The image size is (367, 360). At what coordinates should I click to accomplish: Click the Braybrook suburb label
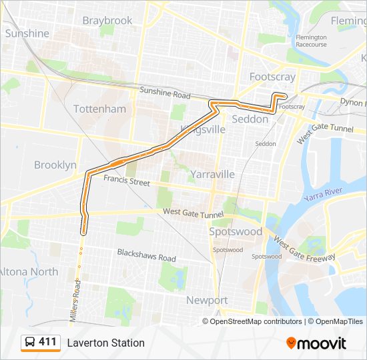pos(107,21)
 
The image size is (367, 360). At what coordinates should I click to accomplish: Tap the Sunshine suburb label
pos(27,33)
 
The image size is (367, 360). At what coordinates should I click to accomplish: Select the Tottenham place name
pos(99,109)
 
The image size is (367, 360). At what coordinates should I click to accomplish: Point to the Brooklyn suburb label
pos(55,165)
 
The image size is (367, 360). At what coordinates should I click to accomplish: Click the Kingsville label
pos(202,130)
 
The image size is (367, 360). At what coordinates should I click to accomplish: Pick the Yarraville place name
pos(212,174)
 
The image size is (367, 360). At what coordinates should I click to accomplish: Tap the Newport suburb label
pos(207,300)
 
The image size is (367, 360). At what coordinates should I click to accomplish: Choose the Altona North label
pos(28,272)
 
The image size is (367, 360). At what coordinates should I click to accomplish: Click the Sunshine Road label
pos(165,93)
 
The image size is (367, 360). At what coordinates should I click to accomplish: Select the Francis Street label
pos(127,181)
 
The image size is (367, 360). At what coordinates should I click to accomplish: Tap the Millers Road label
pos(77,298)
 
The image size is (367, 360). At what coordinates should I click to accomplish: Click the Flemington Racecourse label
pos(312,41)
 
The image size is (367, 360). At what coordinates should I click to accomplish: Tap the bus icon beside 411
pos(30,342)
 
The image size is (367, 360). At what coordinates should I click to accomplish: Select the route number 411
pos(47,342)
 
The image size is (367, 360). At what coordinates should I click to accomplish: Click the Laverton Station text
pos(105,343)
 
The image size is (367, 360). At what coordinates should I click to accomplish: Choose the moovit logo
pos(316,343)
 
